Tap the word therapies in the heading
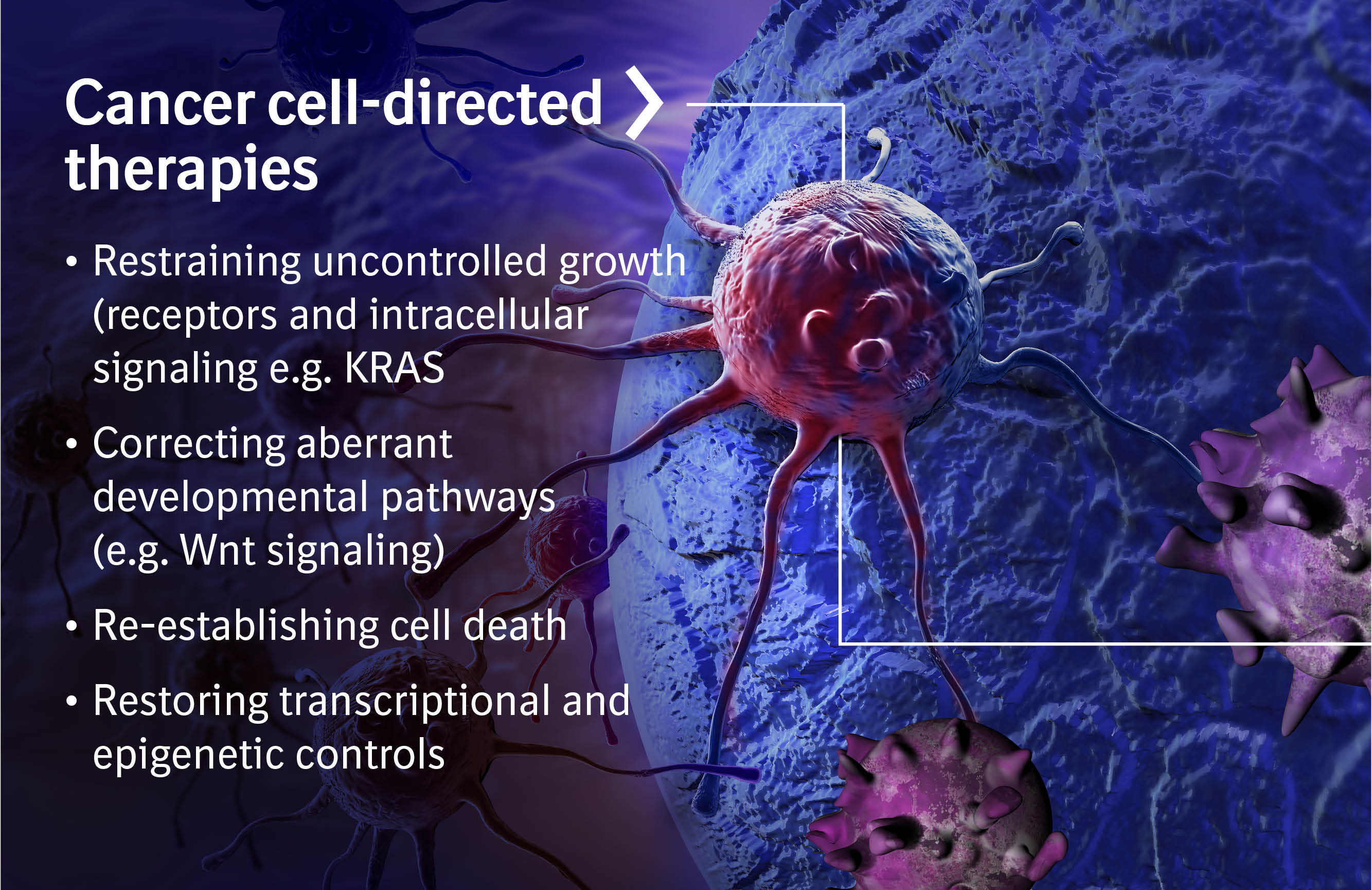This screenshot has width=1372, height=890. [191, 168]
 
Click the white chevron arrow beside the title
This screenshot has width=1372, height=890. [644, 102]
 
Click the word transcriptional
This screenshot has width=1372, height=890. [415, 702]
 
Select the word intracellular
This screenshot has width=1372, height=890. [478, 315]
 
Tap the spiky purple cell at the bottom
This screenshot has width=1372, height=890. [934, 808]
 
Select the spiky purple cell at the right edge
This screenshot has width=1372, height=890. [1280, 536]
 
